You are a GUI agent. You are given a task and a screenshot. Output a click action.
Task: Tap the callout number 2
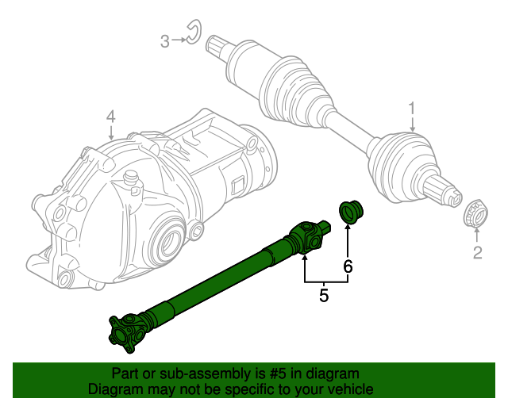click(x=477, y=253)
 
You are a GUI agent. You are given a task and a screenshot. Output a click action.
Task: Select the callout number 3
click(x=165, y=40)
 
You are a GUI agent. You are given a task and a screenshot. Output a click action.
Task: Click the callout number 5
click(x=324, y=296)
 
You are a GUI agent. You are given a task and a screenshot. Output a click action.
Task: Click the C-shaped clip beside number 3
click(x=192, y=34)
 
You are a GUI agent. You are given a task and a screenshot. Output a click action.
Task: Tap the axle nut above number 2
click(x=475, y=213)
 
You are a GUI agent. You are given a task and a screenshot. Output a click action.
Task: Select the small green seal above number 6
click(x=350, y=211)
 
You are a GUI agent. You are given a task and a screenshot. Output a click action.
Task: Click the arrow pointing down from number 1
click(x=412, y=124)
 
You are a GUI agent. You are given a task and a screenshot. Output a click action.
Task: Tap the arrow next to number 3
click(x=179, y=40)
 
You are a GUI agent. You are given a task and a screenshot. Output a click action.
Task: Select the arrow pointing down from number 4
click(x=110, y=133)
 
